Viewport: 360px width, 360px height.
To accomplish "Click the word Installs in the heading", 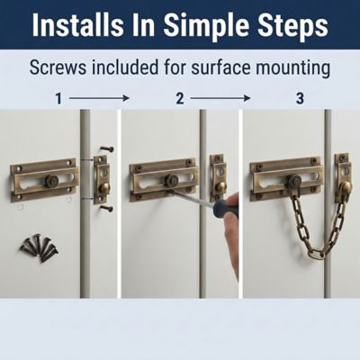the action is (x=77, y=24).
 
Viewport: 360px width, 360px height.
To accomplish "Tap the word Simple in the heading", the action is (x=206, y=26).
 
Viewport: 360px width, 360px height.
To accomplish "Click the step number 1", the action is (x=58, y=98).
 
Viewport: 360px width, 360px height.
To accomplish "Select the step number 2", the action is (x=180, y=98).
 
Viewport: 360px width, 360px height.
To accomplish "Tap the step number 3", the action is (x=300, y=98).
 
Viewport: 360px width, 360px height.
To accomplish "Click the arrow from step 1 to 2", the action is (x=99, y=98).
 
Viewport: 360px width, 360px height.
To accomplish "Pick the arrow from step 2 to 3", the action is (x=220, y=98).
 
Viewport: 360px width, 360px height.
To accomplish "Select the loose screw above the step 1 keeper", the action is (x=107, y=148).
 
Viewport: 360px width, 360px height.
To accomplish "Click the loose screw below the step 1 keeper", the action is (x=107, y=208).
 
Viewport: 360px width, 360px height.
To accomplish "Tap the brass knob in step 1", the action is (x=104, y=189).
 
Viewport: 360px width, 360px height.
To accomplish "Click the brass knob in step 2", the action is (x=221, y=187).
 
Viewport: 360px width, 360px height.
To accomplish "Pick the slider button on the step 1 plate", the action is (x=51, y=181).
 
